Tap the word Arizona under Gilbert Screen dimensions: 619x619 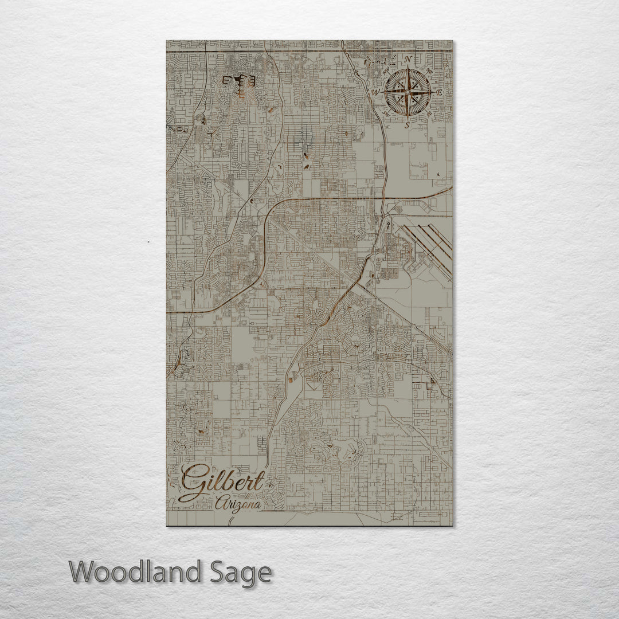point(238,504)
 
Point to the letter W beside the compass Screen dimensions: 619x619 point(376,92)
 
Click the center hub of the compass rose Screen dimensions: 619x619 point(408,92)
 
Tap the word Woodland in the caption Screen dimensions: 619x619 point(135,573)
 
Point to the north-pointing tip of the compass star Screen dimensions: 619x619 point(408,68)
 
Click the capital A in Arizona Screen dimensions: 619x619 point(221,504)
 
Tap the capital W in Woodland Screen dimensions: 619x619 point(82,573)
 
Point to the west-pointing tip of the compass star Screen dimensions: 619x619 point(383,92)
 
